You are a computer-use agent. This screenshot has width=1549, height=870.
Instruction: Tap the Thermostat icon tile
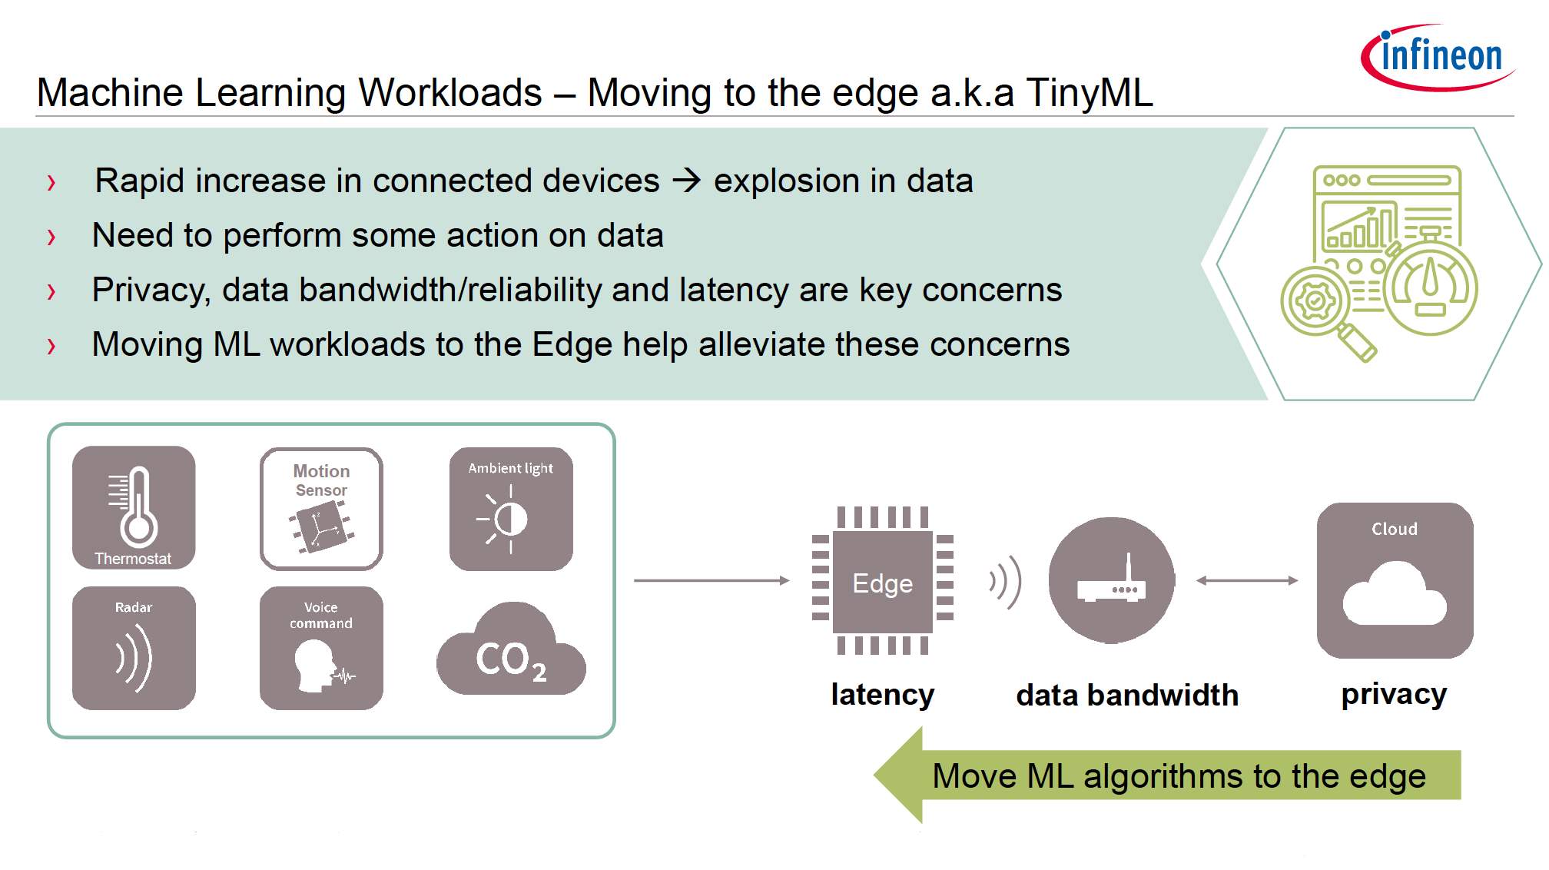(x=134, y=507)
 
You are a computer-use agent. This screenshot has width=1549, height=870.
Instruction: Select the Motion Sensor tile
(x=321, y=509)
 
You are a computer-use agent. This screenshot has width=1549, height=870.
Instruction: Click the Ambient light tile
(x=511, y=509)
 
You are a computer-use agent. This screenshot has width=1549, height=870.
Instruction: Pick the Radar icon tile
(x=134, y=648)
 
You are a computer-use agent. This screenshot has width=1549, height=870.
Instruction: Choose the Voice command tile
(x=321, y=648)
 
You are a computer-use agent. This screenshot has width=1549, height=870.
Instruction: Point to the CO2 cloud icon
(x=511, y=649)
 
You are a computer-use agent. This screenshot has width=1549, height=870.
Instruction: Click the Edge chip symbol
(x=883, y=581)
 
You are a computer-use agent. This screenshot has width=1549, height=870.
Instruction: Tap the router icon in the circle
(x=1112, y=580)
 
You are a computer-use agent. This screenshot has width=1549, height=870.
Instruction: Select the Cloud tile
(x=1395, y=580)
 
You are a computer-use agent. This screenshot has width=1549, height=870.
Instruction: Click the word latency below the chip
(x=883, y=694)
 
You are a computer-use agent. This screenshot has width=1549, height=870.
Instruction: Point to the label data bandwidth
(x=1127, y=695)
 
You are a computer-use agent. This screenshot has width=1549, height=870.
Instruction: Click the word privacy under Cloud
(x=1394, y=695)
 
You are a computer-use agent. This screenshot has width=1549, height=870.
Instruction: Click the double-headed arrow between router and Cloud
(x=1247, y=581)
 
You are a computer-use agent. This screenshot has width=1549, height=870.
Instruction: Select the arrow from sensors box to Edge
(x=711, y=581)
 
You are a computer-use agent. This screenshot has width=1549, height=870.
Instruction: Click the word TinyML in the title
(x=1090, y=92)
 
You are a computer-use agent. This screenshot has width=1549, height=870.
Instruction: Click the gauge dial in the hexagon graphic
(x=1430, y=288)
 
